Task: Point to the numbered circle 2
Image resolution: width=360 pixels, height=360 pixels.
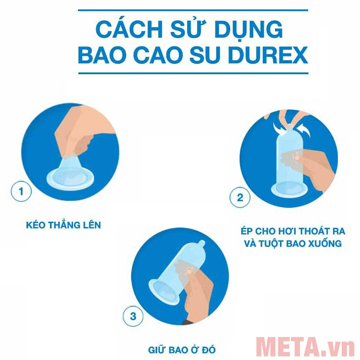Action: pos(240,197)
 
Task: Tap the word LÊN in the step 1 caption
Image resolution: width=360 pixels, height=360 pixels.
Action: pos(91,225)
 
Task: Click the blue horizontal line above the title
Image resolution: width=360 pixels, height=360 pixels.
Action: pos(193,10)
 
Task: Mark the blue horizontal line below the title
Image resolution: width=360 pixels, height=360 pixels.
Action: pos(193,73)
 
